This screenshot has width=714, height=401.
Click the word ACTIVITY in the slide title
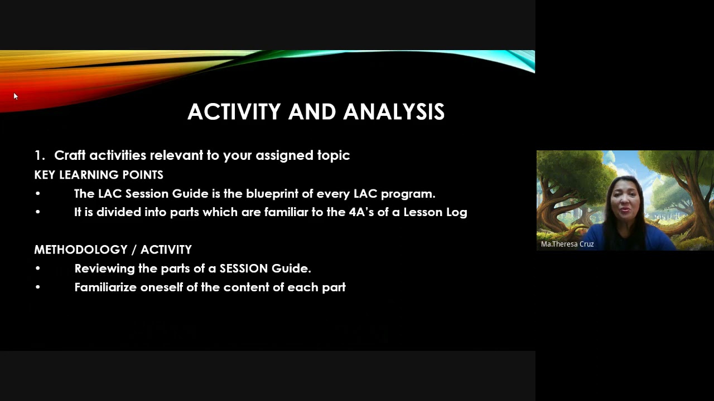click(234, 112)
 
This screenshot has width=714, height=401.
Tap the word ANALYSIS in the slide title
click(394, 112)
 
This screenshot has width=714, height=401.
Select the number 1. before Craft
click(39, 155)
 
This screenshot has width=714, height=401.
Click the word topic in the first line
click(334, 155)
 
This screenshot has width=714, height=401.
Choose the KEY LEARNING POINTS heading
click(99, 175)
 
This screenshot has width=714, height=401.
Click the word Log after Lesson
click(456, 212)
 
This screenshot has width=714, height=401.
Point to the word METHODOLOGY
click(81, 250)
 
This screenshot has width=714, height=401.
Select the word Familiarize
click(106, 287)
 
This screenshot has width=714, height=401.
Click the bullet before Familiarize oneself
click(38, 287)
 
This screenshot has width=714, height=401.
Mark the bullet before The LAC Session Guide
click(38, 193)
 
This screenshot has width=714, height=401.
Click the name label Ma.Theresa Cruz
click(567, 244)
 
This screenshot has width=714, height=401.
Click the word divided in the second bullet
click(119, 212)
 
